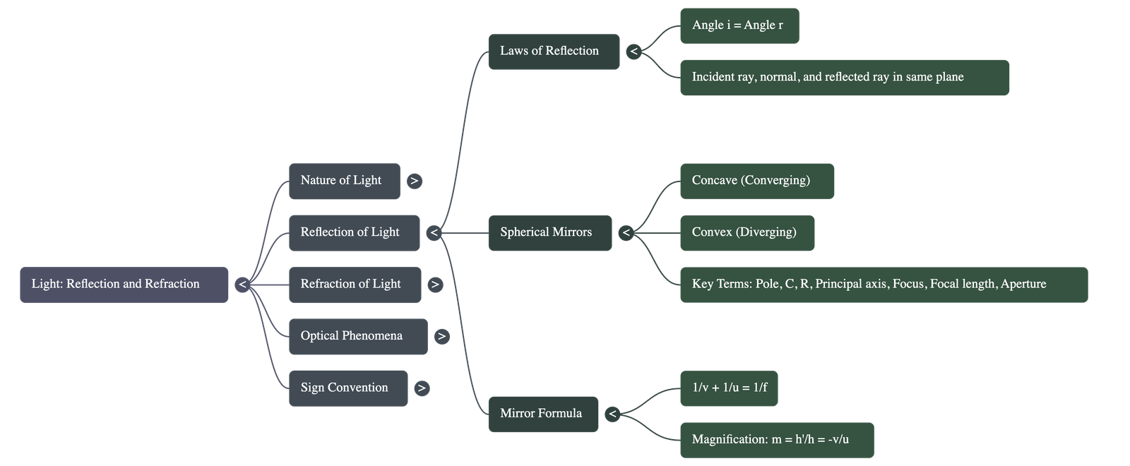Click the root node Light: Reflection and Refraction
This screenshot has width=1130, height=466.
coord(124,285)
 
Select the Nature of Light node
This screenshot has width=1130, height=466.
coord(344,181)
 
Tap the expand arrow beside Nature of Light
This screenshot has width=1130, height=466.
coord(415,181)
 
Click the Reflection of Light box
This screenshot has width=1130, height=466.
coord(354,232)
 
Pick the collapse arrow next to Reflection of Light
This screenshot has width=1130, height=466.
coord(434,232)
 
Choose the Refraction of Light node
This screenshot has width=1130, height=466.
coord(355,285)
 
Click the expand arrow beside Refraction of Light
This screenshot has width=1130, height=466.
coord(435,285)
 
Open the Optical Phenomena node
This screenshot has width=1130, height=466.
coord(357,336)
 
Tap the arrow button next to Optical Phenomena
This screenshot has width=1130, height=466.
coord(441,336)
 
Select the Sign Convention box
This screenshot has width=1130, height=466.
coord(348,388)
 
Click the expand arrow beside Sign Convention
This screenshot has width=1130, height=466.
coord(422,388)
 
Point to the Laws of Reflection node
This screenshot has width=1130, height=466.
coord(554,52)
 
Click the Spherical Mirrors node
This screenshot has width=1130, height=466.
coord(549,232)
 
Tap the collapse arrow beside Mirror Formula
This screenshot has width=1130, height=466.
coord(612,414)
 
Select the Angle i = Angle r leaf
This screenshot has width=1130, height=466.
coord(739,25)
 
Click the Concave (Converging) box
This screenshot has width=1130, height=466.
coord(756,181)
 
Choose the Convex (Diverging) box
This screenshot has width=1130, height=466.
coord(747,232)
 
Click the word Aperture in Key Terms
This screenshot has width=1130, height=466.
coord(1023,284)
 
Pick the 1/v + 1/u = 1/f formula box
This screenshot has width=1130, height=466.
coord(729,388)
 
